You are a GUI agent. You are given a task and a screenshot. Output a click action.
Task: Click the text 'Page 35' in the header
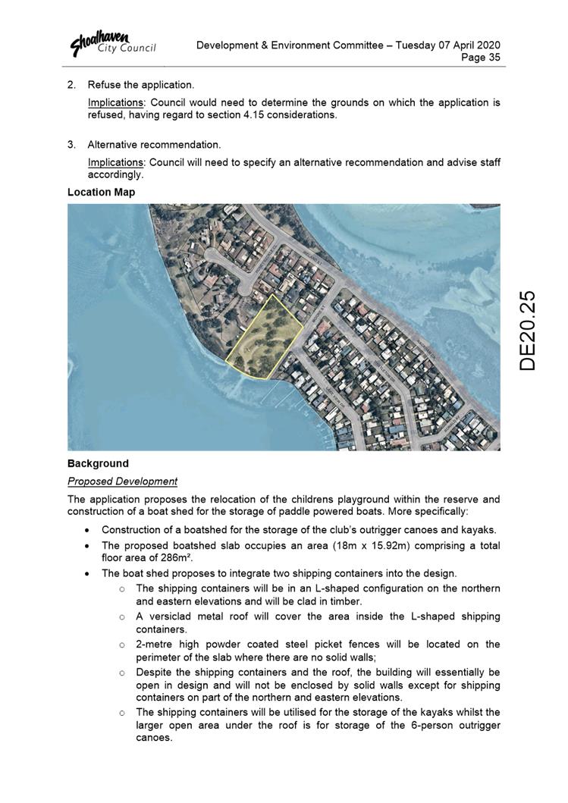[x=482, y=58]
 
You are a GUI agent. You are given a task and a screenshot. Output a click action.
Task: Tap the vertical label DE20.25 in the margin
[x=528, y=330]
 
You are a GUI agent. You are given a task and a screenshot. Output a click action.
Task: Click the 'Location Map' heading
[x=101, y=192]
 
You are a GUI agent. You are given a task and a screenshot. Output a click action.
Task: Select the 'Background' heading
[x=98, y=463]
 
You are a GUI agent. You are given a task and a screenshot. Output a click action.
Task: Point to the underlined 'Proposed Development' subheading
[x=122, y=481]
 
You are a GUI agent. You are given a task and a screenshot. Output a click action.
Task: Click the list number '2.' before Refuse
[x=72, y=85]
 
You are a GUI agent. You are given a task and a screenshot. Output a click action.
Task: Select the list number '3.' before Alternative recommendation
[x=72, y=145]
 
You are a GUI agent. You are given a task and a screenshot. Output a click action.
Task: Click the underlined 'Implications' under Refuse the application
[x=115, y=102]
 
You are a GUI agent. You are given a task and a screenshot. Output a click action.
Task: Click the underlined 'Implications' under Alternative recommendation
[x=115, y=162]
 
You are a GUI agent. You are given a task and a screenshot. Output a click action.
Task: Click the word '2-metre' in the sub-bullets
[x=155, y=644]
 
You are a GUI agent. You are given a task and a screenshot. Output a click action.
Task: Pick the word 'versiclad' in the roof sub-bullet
[x=168, y=616]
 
